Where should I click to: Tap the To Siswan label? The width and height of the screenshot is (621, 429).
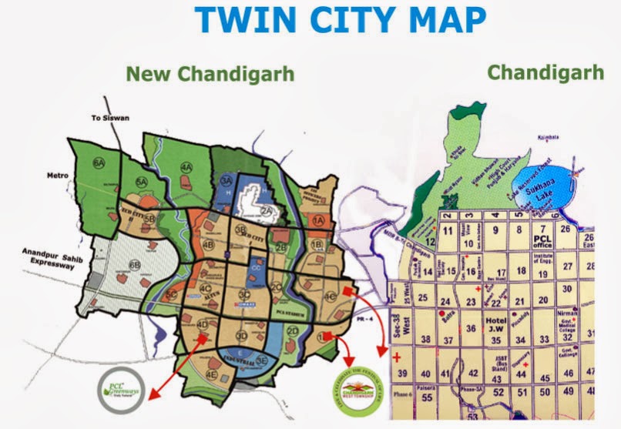[107, 118]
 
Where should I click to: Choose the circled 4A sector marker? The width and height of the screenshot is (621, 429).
[186, 167]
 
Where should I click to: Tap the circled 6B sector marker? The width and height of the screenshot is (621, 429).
[136, 266]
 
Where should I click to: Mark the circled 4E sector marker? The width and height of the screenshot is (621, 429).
[210, 375]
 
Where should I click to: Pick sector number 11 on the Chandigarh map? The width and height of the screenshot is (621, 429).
[447, 230]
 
